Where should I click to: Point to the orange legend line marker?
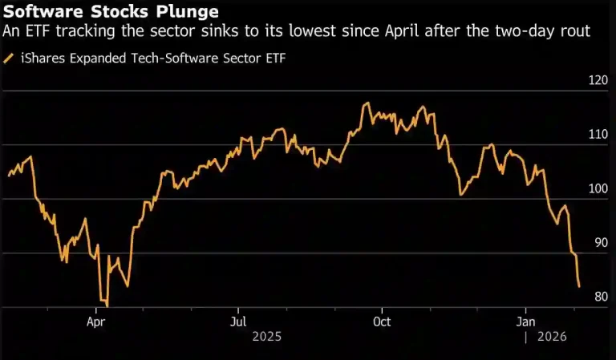coord(9,58)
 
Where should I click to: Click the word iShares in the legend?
coord(42,58)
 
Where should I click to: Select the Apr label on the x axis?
coord(97,322)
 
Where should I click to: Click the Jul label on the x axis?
coord(237,322)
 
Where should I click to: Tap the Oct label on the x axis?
coord(382,322)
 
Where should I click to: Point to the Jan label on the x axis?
coord(526,322)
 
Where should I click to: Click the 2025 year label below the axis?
coord(266,338)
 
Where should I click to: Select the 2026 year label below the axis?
coord(552,338)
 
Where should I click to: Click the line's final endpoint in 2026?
coord(579,286)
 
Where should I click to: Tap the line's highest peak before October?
coord(367,103)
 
